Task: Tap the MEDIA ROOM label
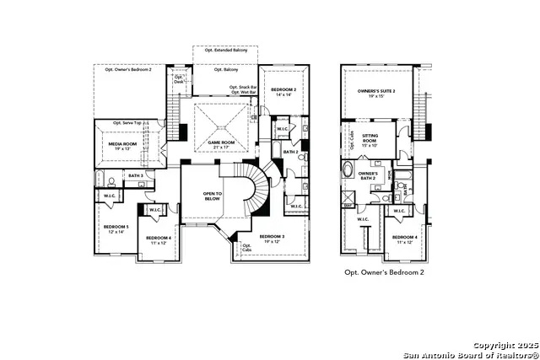(x=126, y=144)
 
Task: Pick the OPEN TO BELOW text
(x=212, y=196)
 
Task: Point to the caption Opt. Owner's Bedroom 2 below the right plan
(x=384, y=272)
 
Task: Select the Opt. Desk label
(x=178, y=79)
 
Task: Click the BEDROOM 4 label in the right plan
(x=405, y=239)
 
